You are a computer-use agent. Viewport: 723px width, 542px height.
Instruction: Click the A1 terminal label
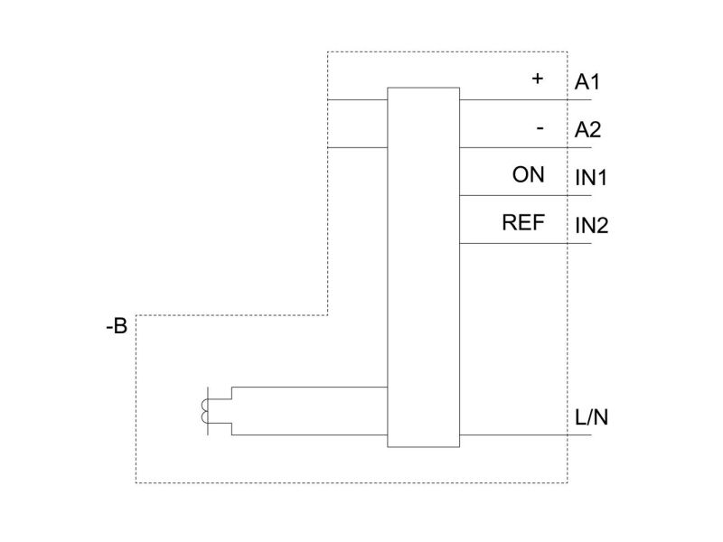(587, 82)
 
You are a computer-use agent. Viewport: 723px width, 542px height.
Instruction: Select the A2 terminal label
(587, 130)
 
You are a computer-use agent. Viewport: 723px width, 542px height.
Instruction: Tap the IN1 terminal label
(591, 178)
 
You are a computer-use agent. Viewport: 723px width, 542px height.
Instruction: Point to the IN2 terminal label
(592, 226)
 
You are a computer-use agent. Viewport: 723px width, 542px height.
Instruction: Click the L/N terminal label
(592, 417)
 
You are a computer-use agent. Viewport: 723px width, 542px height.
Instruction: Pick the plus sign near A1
(537, 79)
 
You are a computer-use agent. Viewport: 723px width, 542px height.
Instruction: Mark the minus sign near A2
(540, 128)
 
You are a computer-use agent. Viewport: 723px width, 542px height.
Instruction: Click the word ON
(529, 174)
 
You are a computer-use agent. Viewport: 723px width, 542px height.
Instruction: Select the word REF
(523, 222)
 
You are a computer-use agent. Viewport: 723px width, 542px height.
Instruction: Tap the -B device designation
(117, 326)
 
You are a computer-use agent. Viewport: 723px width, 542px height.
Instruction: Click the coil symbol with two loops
(204, 411)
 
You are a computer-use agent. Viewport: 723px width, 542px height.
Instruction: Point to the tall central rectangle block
(423, 267)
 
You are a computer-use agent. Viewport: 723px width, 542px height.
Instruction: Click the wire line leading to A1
(526, 99)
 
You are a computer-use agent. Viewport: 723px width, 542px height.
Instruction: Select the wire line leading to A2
(526, 147)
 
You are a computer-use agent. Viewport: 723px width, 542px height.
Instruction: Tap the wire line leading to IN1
(526, 195)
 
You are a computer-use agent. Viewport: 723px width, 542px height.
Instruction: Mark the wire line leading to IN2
(526, 243)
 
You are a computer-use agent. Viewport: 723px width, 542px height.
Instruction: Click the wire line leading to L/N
(526, 435)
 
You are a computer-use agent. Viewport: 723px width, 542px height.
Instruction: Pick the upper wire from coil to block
(309, 388)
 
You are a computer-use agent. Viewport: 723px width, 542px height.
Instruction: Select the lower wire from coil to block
(309, 435)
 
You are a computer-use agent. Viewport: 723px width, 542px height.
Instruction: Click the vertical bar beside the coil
(208, 411)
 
